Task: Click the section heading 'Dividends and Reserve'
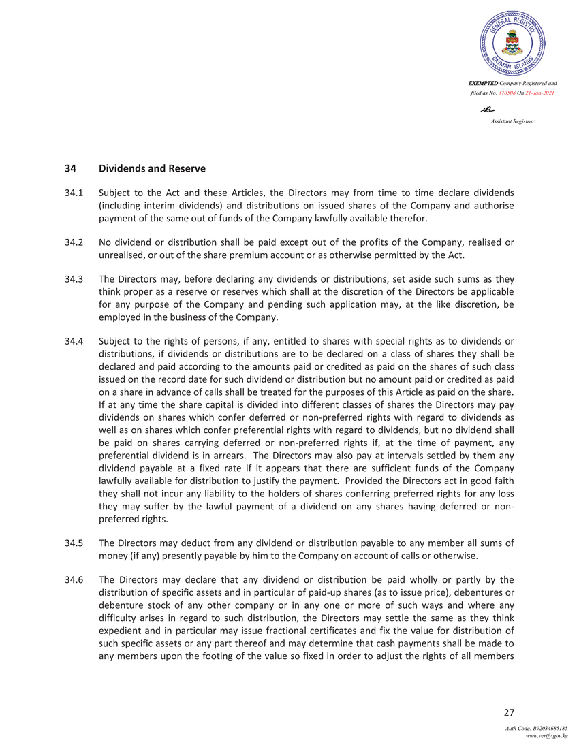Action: (152, 168)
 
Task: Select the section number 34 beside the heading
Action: (70, 168)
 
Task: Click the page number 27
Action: (508, 713)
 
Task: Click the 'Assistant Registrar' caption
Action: (512, 121)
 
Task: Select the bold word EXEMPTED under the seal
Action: (486, 83)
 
